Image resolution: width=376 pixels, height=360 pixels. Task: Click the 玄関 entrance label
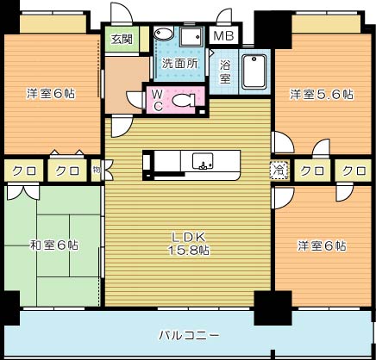119,39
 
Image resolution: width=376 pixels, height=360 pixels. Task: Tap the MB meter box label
223,36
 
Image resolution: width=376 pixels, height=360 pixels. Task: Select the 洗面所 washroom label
179,64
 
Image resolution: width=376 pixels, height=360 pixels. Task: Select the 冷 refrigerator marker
279,170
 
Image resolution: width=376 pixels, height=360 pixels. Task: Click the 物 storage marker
97,170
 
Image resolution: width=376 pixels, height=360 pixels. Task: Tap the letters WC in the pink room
159,100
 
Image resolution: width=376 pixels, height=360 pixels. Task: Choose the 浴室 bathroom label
225,71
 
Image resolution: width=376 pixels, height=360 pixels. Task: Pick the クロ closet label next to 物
68,170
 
